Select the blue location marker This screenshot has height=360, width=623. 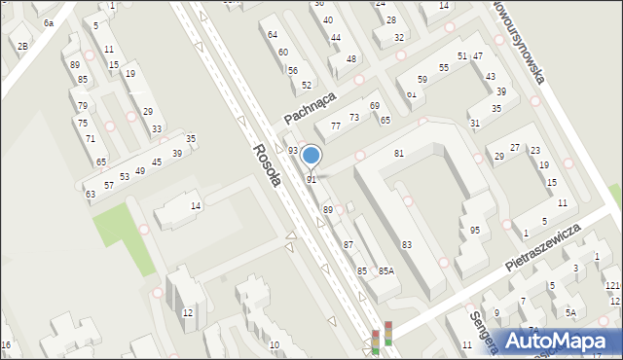click(x=311, y=155)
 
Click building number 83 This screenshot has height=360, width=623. click(x=406, y=244)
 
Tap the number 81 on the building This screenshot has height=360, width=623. click(x=399, y=154)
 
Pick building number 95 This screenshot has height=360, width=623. click(x=474, y=231)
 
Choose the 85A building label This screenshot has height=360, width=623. click(x=386, y=270)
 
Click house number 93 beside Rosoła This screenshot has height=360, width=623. click(x=292, y=150)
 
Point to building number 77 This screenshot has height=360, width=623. click(x=335, y=126)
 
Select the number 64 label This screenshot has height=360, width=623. click(x=273, y=34)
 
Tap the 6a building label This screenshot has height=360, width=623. click(x=48, y=22)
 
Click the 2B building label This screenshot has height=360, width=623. click(x=22, y=46)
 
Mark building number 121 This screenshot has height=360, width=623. click(x=611, y=285)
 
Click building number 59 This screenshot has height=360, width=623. click(x=422, y=80)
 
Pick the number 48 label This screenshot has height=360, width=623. click(x=351, y=59)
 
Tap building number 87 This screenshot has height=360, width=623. click(x=348, y=244)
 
